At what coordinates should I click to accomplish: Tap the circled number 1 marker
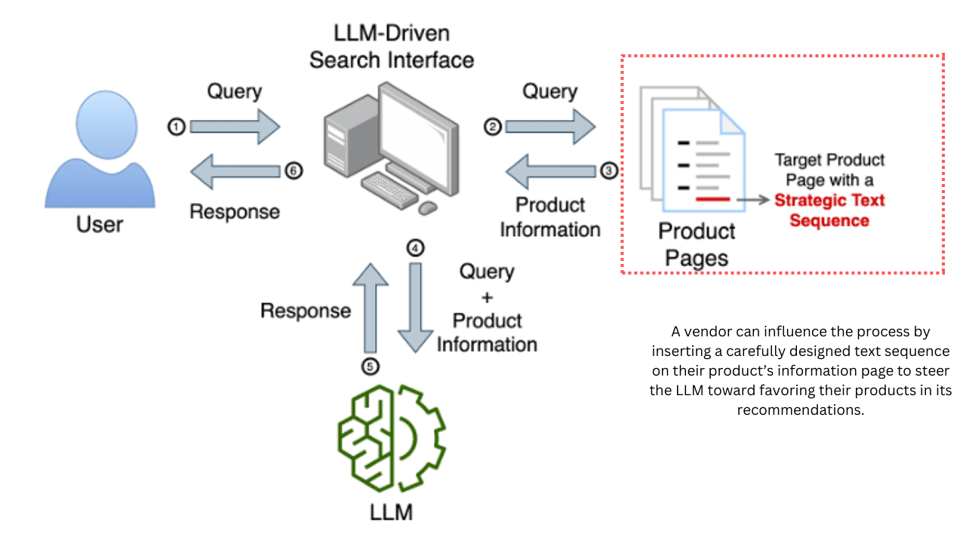[x=177, y=127]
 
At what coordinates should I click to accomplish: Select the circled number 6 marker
[x=294, y=170]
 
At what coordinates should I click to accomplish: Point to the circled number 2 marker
[x=492, y=127]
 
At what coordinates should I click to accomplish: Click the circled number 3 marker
[x=609, y=170]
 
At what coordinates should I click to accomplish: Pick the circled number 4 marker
[x=414, y=247]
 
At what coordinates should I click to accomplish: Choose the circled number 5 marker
[x=370, y=367]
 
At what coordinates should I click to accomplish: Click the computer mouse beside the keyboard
[x=427, y=206]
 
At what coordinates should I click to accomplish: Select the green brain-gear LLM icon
[x=391, y=437]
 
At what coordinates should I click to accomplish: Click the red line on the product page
[x=712, y=200]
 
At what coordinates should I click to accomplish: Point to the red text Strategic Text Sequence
[x=829, y=210]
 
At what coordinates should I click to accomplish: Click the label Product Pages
[x=697, y=244]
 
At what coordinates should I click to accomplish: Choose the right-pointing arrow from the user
[x=235, y=127]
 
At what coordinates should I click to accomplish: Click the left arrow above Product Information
[x=550, y=170]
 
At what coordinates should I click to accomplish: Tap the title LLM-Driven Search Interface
[x=392, y=46]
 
